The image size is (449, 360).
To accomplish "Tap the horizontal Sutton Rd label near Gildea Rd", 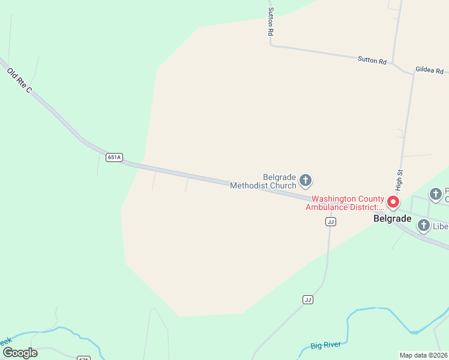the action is (372, 60).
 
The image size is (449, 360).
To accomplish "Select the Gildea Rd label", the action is (430, 70).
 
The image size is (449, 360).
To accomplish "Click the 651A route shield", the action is (114, 157).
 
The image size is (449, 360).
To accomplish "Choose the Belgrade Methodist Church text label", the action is (263, 181).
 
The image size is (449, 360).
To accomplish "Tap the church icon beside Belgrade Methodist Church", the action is (306, 180).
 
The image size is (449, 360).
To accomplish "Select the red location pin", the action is (393, 202).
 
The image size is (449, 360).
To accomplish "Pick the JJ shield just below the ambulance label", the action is (330, 221).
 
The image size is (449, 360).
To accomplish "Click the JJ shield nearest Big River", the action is (308, 299).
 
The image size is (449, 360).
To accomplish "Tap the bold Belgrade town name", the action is (392, 219).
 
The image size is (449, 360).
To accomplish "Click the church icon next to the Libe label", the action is (423, 226).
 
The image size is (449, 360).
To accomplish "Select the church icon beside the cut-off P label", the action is (436, 194).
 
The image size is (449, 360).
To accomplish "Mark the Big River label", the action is (326, 345).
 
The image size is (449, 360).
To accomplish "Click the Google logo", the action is (19, 352).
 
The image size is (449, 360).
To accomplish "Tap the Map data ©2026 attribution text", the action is (423, 355).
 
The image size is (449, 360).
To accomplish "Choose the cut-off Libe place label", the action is (441, 226).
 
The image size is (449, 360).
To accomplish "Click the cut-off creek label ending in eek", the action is (5, 341).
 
